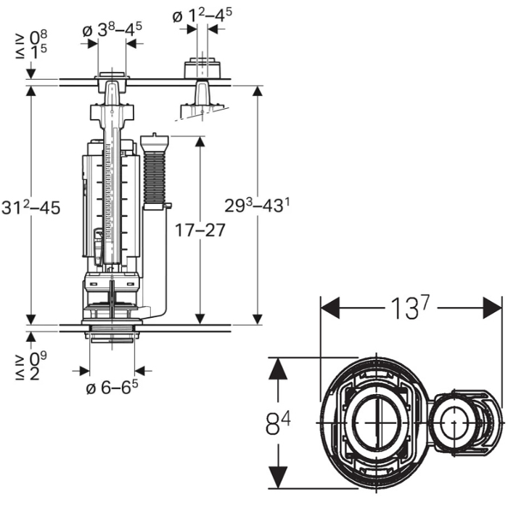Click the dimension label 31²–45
pos(30,208)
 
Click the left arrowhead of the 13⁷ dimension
pos(329,308)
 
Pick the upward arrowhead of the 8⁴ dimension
pos(276,366)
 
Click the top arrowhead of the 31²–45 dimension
pos(30,93)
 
